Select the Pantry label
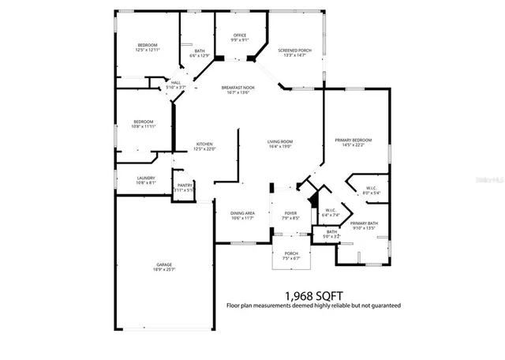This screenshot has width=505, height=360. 185,188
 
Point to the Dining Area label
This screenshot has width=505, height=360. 242,216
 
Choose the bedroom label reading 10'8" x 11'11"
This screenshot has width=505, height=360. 143,124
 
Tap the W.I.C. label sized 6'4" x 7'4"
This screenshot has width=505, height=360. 331,212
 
